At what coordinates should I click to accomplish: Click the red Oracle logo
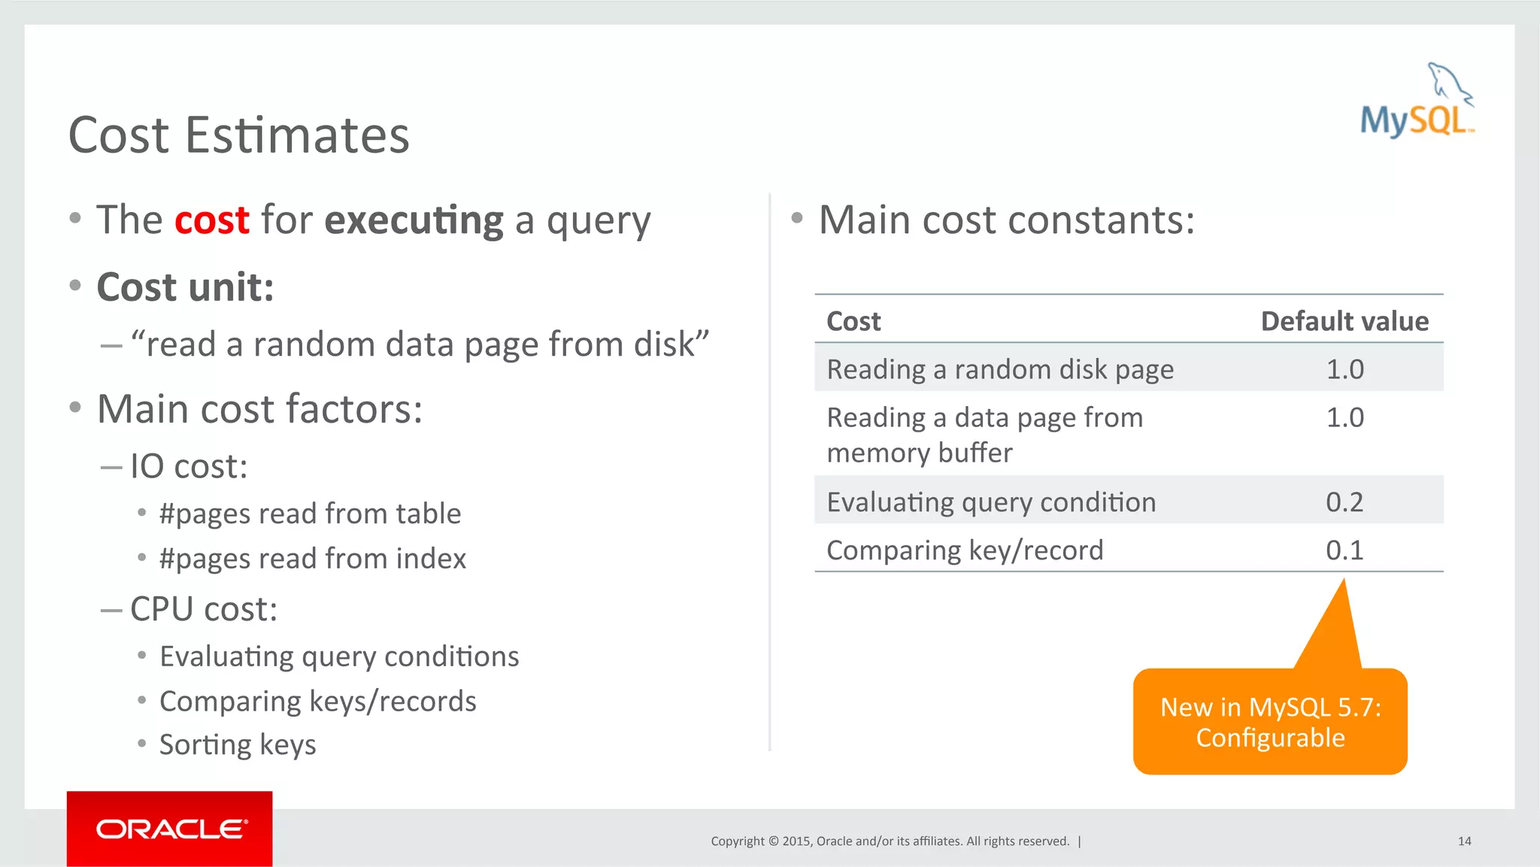pyautogui.click(x=170, y=829)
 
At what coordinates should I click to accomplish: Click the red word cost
pyautogui.click(x=211, y=220)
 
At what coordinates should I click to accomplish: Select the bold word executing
pyautogui.click(x=414, y=221)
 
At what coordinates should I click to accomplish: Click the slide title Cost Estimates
pyautogui.click(x=239, y=135)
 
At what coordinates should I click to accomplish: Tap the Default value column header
pyautogui.click(x=1344, y=321)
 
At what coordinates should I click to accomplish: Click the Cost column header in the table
pyautogui.click(x=853, y=321)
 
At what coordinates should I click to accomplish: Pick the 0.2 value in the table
pyautogui.click(x=1344, y=502)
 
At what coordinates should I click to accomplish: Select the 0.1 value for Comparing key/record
pyautogui.click(x=1344, y=550)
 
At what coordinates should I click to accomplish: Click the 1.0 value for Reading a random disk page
pyautogui.click(x=1344, y=369)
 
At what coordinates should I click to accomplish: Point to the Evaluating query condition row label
pyautogui.click(x=991, y=502)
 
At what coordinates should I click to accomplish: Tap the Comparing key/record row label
pyautogui.click(x=965, y=550)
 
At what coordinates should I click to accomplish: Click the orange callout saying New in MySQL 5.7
pyautogui.click(x=1270, y=722)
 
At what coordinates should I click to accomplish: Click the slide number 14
pyautogui.click(x=1464, y=841)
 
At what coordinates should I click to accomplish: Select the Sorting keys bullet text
pyautogui.click(x=238, y=744)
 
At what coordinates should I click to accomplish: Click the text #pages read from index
pyautogui.click(x=313, y=559)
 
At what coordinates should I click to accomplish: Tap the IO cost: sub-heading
pyautogui.click(x=189, y=466)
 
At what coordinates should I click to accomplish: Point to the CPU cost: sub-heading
pyautogui.click(x=204, y=609)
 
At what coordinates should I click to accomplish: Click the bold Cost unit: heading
pyautogui.click(x=186, y=287)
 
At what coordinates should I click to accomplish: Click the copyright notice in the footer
pyautogui.click(x=890, y=841)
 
